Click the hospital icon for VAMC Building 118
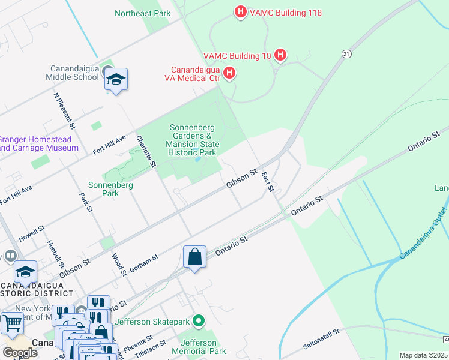click(x=240, y=11)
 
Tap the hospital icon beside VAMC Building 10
click(x=280, y=56)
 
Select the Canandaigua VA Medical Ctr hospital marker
click(x=229, y=73)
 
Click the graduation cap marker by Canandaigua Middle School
click(x=116, y=80)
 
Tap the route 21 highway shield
click(x=346, y=54)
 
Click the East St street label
click(x=268, y=182)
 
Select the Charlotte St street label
click(x=146, y=151)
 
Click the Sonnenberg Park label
click(x=110, y=190)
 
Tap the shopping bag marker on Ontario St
click(x=194, y=257)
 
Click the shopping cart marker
click(x=11, y=323)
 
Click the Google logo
click(x=19, y=353)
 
